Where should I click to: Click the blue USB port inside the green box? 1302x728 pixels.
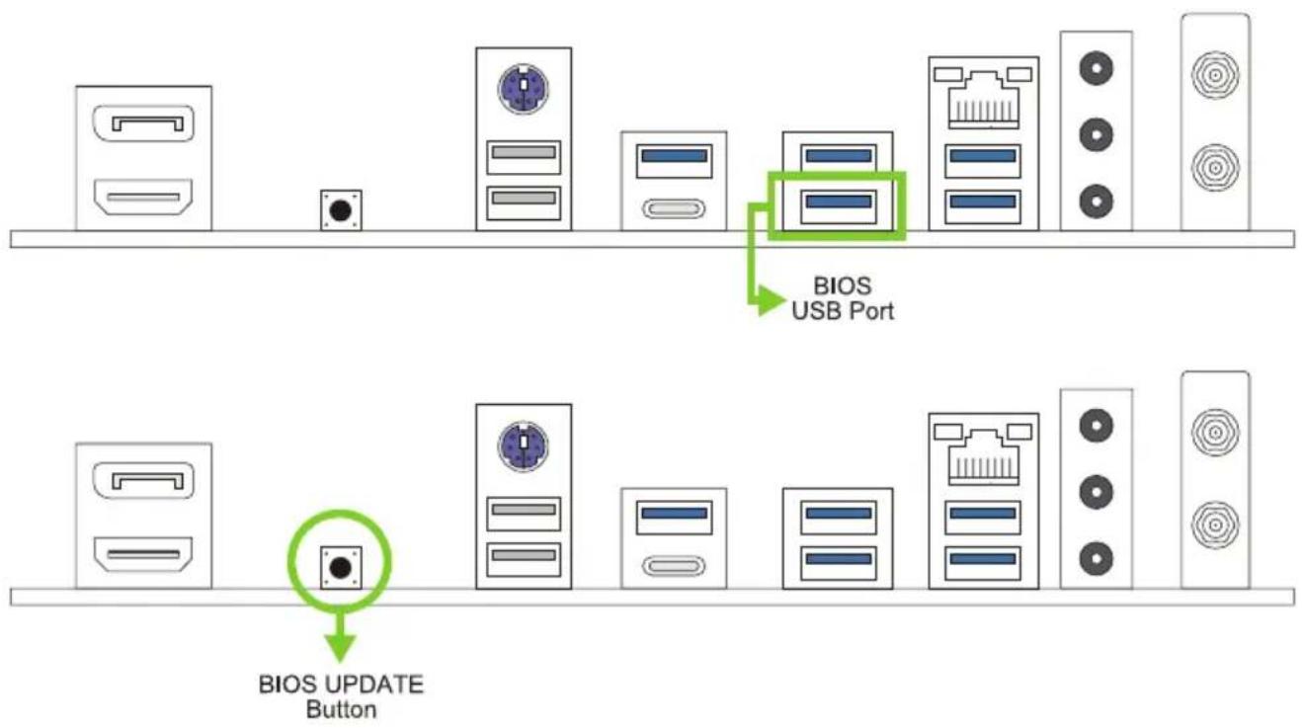(x=838, y=206)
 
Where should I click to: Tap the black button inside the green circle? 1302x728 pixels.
(x=341, y=567)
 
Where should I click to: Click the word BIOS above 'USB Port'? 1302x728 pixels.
(x=842, y=285)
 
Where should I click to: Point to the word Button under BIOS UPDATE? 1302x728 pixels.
(x=341, y=709)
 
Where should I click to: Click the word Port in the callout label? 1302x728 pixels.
(x=869, y=311)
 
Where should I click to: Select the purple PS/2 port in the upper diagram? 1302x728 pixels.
(x=524, y=88)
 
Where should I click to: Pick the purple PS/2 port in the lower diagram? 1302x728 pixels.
(x=524, y=445)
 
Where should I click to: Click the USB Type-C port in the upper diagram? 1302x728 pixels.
(x=674, y=208)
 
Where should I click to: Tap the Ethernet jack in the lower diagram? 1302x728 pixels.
(x=983, y=455)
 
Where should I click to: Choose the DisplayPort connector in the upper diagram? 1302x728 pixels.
(x=143, y=123)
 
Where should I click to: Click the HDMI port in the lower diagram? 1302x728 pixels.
(x=143, y=554)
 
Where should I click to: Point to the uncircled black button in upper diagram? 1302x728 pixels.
(x=341, y=209)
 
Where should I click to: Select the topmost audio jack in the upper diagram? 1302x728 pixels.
(x=1096, y=68)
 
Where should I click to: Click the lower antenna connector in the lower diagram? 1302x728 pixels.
(x=1215, y=525)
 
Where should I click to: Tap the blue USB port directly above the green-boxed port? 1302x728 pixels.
(x=838, y=157)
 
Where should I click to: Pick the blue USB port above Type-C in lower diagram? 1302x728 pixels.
(x=675, y=517)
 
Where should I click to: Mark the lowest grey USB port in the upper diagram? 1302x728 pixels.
(x=524, y=202)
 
